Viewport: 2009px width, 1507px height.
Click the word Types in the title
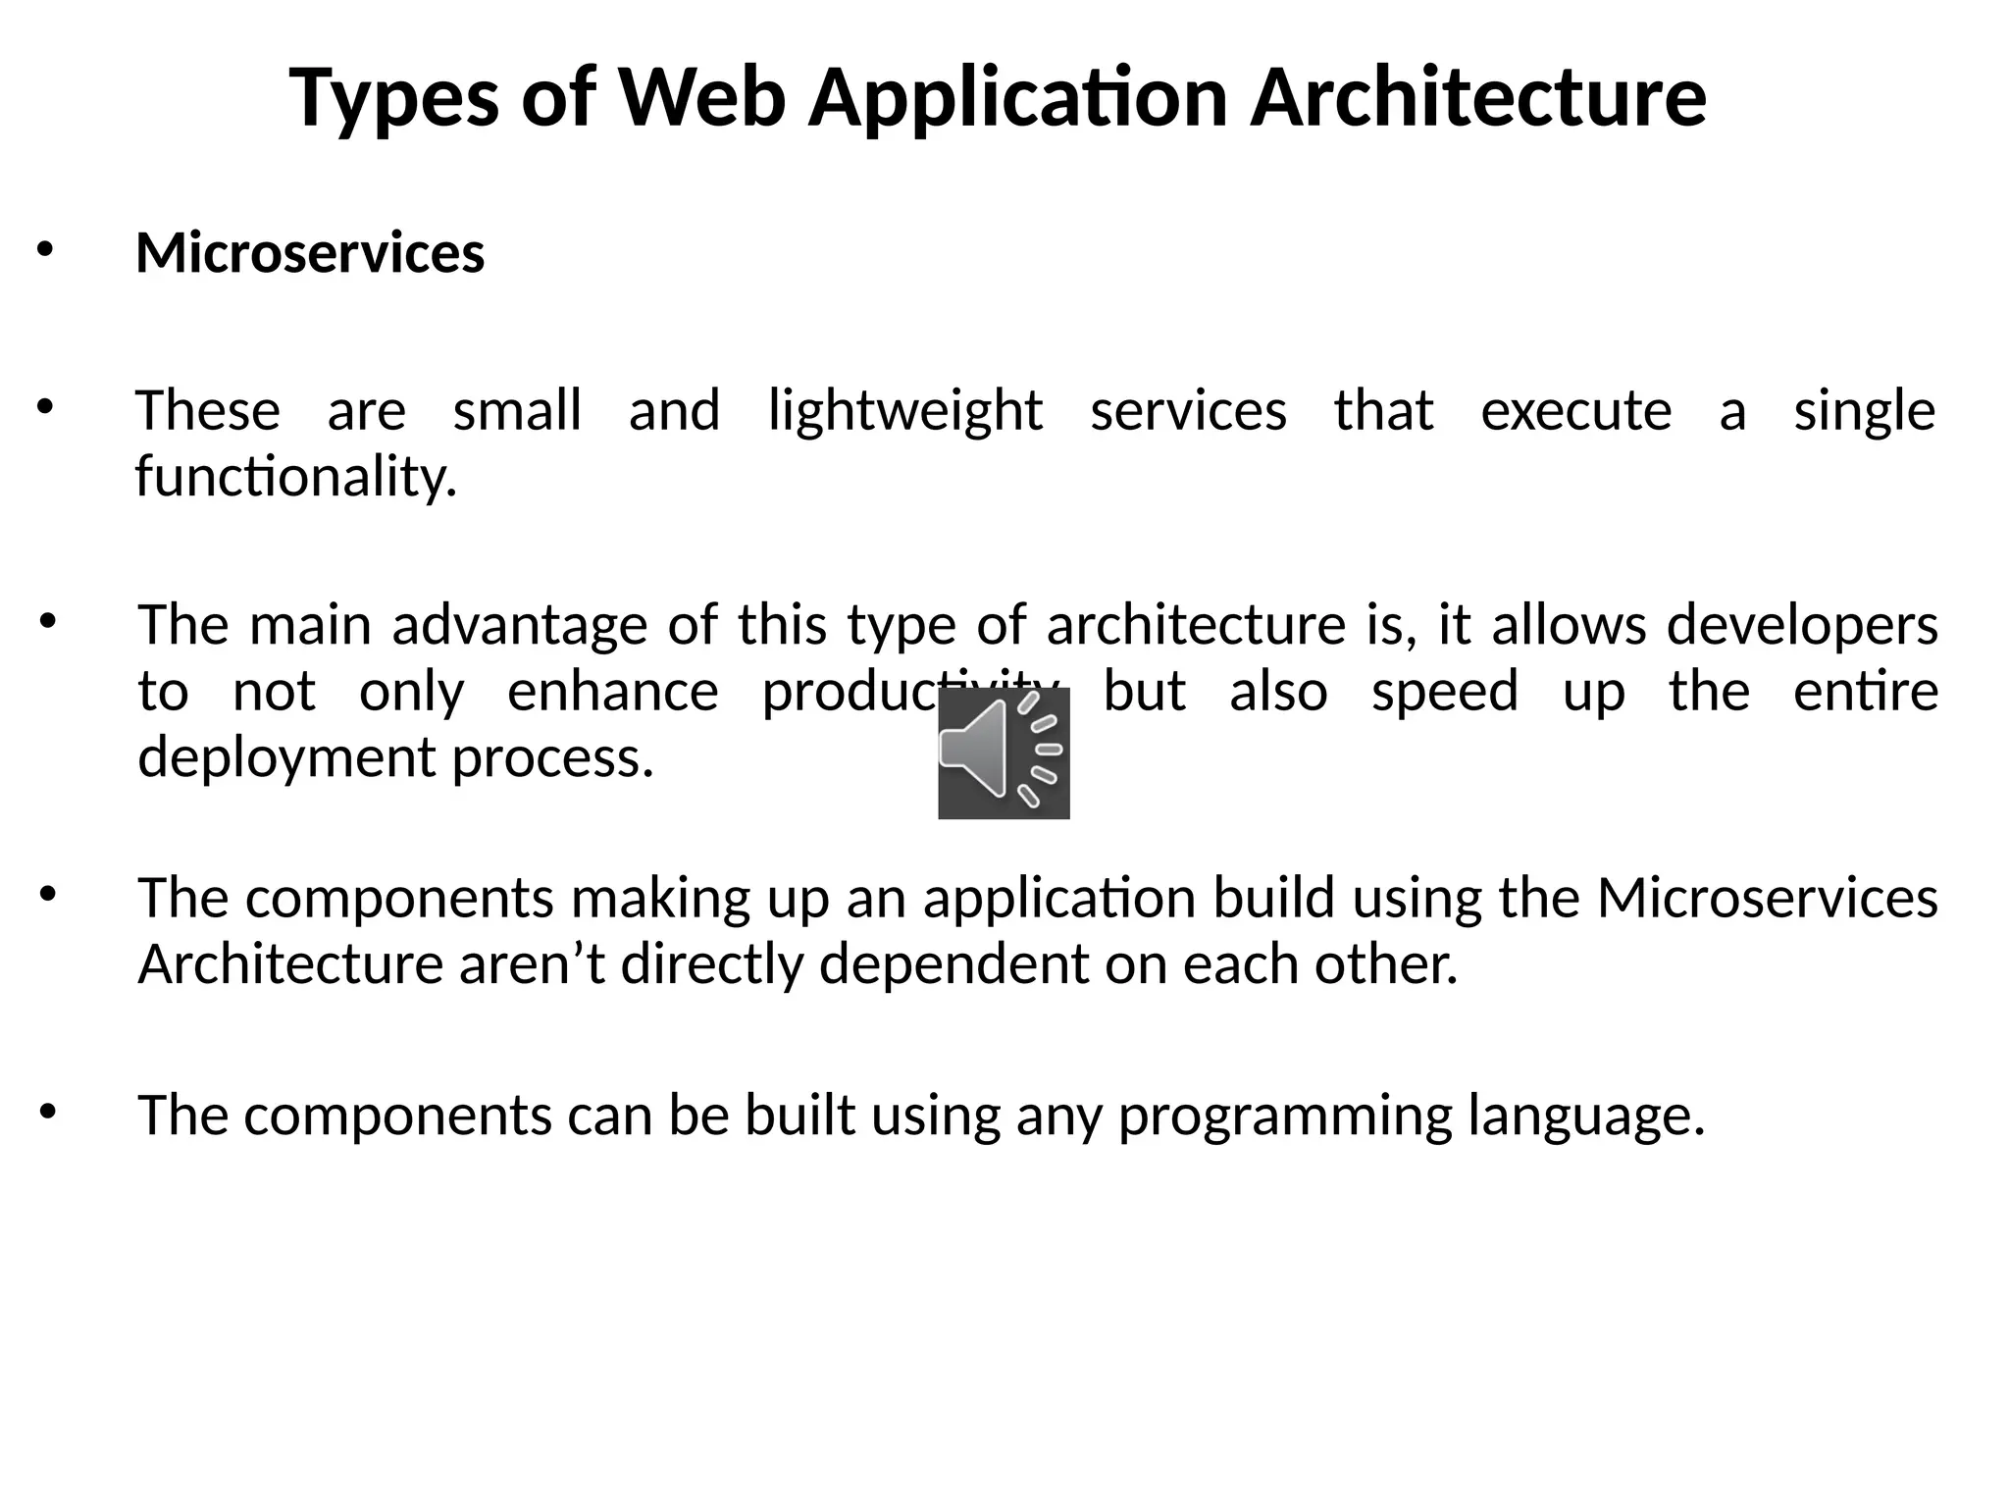[x=393, y=98]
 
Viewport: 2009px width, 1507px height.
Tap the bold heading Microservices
[x=310, y=253]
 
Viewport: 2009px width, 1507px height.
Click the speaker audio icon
[x=1004, y=753]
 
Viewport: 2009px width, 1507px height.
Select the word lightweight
[x=904, y=411]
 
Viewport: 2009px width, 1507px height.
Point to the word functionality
[x=296, y=477]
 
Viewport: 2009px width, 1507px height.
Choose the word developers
[x=1802, y=625]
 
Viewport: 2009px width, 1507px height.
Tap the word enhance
[x=612, y=692]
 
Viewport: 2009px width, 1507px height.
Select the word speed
[x=1444, y=692]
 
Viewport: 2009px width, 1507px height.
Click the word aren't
[x=531, y=964]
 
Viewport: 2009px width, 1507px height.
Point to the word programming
[x=1284, y=1116]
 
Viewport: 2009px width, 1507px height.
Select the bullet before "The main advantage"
[x=47, y=621]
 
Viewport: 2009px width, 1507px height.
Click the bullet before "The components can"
[x=47, y=1112]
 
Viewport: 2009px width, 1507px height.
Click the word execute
[x=1575, y=411]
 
